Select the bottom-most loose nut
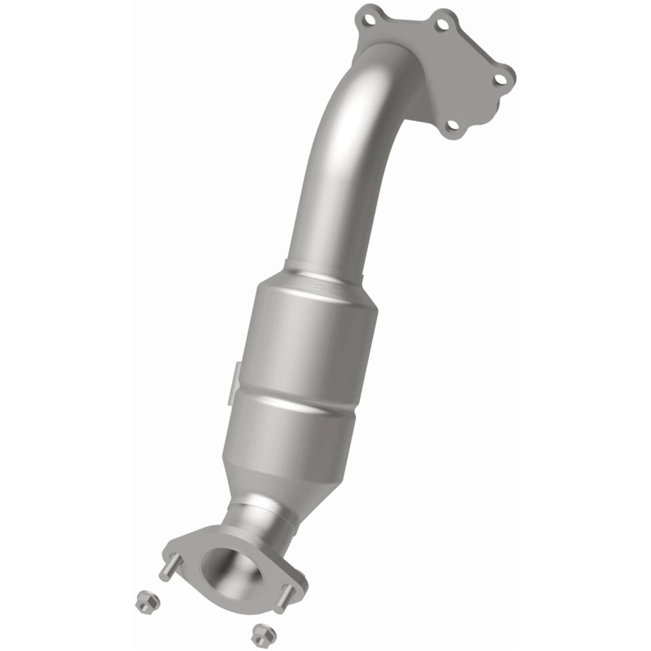tap(261, 632)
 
